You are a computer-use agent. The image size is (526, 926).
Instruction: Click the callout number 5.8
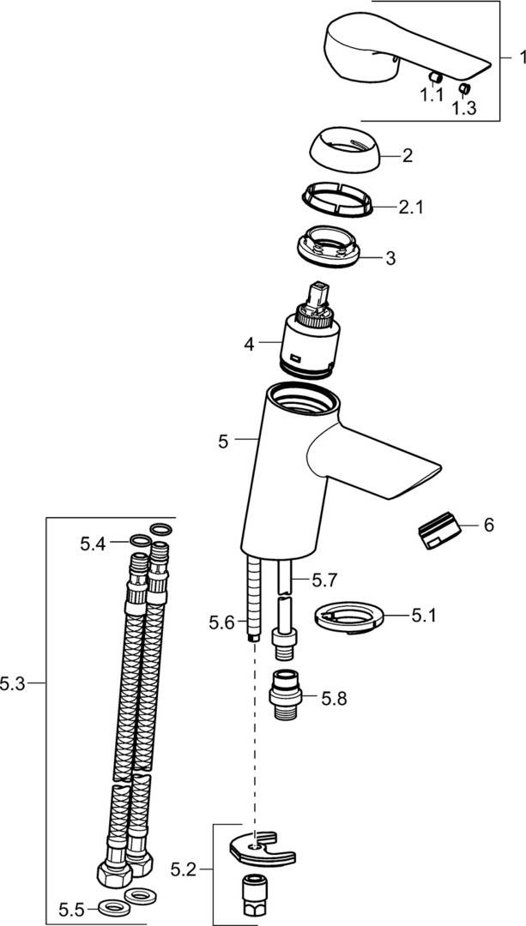coord(334,699)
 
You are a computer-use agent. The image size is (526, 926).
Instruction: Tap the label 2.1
coord(411,207)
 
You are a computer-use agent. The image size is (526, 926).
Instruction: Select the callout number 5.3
coord(13,684)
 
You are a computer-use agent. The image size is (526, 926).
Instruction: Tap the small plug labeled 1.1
coord(436,79)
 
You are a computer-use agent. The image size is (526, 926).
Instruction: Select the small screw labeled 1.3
coord(464,89)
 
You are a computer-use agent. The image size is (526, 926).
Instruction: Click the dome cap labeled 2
coord(346,151)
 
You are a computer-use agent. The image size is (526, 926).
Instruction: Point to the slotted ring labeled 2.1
coord(337,198)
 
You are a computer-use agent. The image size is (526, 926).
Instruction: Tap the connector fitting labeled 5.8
coord(286,694)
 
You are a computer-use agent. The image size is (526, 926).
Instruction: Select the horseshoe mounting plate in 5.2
coord(263,849)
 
